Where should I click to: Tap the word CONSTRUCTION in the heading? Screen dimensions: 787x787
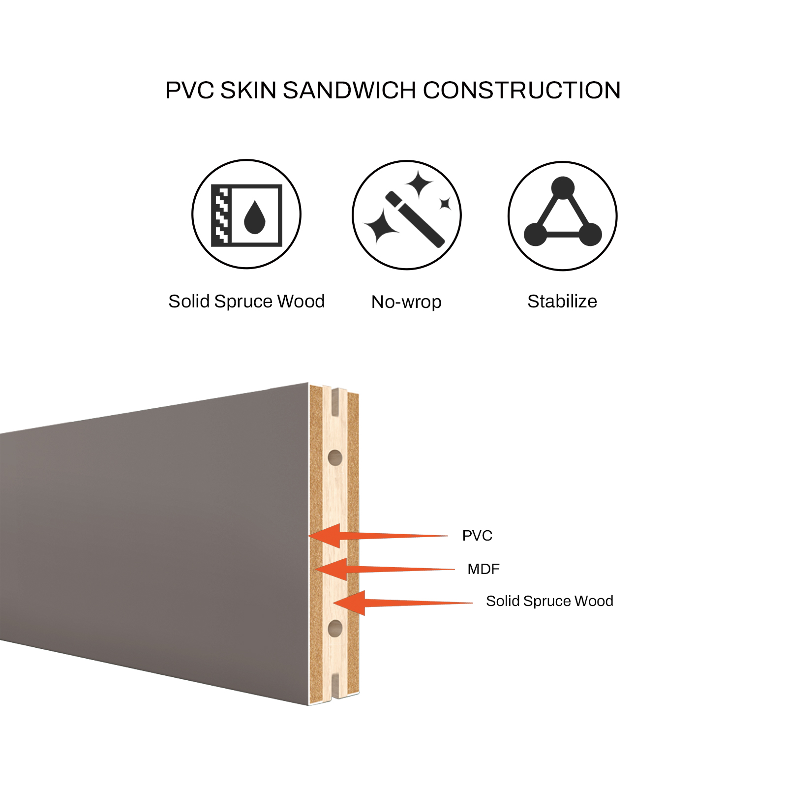coord(522,91)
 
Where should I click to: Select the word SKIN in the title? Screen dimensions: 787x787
coord(248,91)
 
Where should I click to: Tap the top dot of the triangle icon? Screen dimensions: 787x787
coord(563,188)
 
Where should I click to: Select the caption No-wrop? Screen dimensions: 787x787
coord(406,302)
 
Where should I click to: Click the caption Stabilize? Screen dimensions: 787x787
coord(562,301)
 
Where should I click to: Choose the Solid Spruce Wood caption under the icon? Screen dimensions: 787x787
coord(246,302)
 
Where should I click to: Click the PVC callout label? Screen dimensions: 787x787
coord(477,536)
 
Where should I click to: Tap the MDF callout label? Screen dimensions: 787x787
coord(484,569)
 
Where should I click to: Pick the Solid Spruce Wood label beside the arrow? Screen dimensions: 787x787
coord(549,601)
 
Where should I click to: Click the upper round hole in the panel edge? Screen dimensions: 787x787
coord(335,458)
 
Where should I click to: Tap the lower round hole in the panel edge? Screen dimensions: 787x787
coord(335,628)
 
